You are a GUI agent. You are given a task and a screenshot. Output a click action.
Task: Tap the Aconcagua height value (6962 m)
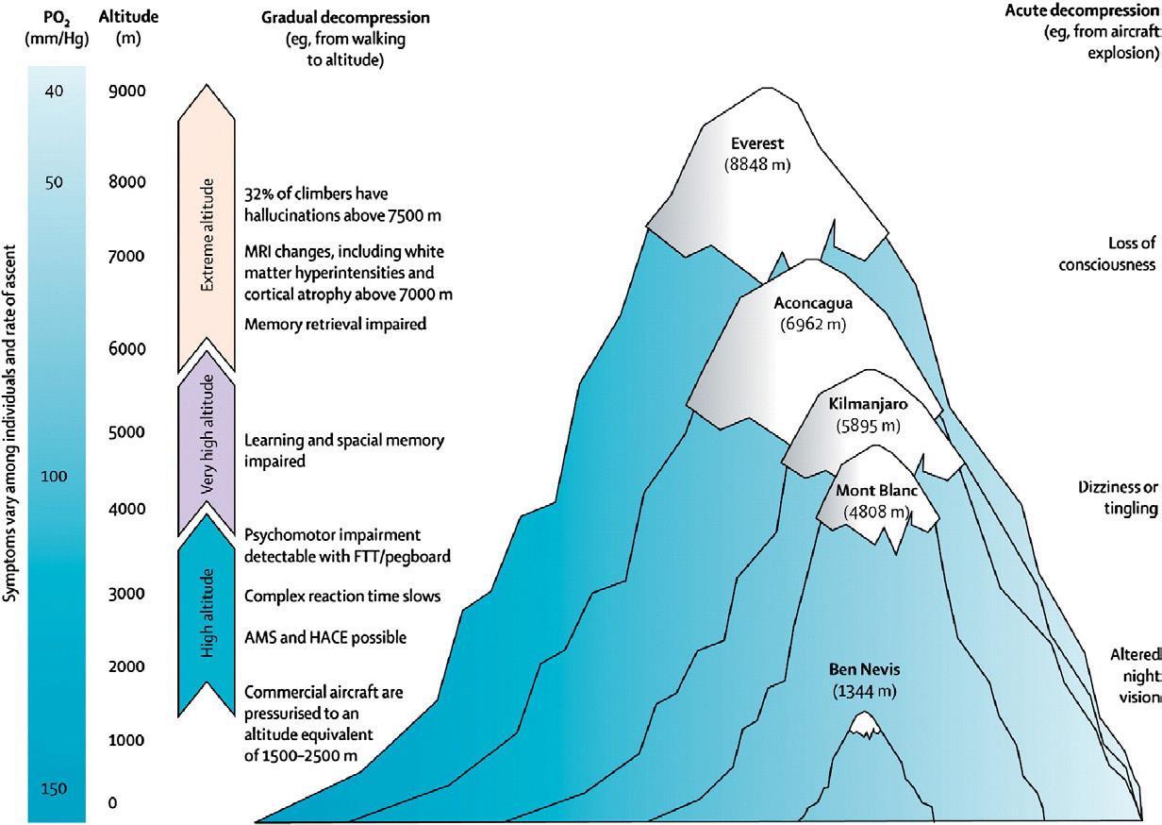[812, 325]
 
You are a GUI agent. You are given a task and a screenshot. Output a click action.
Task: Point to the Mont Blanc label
[876, 492]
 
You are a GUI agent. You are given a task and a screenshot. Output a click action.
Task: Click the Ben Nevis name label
[864, 670]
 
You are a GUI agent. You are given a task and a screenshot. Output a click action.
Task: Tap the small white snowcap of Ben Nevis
[864, 724]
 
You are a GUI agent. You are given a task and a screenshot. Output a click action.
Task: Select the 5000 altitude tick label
[126, 433]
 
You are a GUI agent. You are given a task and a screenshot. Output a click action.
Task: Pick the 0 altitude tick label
[112, 802]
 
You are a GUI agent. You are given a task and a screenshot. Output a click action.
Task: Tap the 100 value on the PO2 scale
[54, 477]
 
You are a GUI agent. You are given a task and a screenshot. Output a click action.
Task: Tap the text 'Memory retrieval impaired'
[336, 325]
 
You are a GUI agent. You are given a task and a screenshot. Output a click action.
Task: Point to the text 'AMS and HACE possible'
[325, 638]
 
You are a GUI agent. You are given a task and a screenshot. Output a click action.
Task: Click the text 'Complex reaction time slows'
[342, 597]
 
